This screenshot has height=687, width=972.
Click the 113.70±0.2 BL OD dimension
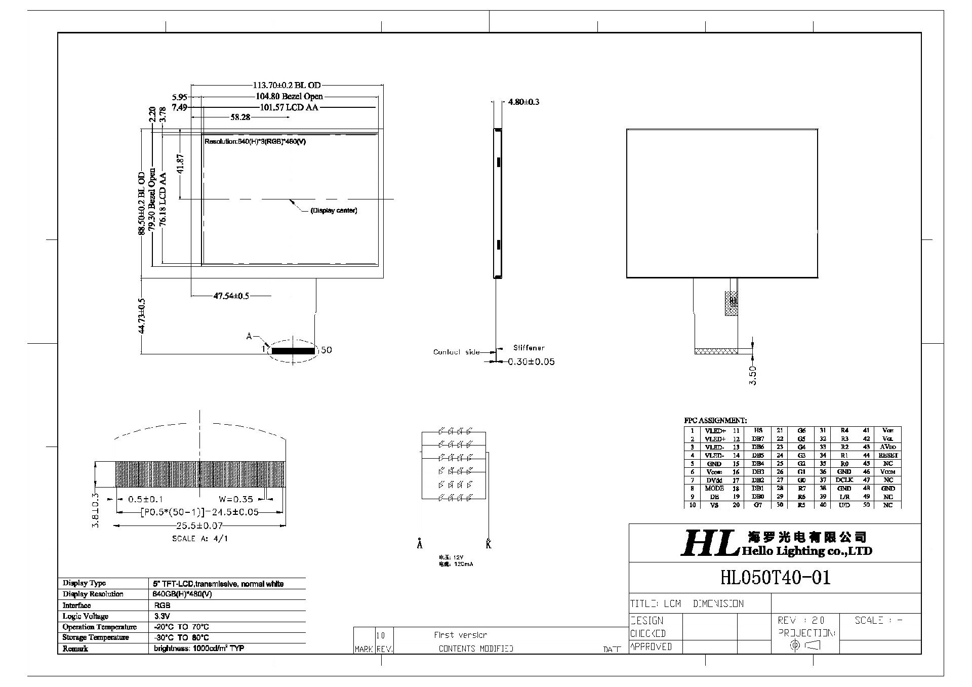pyautogui.click(x=287, y=86)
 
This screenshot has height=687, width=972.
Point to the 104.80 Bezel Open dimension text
pyautogui.click(x=289, y=97)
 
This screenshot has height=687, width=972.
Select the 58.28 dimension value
pyautogui.click(x=240, y=117)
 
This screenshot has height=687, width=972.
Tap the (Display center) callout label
pyautogui.click(x=334, y=211)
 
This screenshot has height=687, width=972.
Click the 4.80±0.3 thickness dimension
pyautogui.click(x=523, y=102)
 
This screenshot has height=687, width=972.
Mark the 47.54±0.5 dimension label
pyautogui.click(x=231, y=296)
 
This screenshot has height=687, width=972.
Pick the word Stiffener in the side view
pyautogui.click(x=529, y=348)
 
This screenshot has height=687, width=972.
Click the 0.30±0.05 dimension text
pyautogui.click(x=531, y=362)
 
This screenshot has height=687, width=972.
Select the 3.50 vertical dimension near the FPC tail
pyautogui.click(x=753, y=376)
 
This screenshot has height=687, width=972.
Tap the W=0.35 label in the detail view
pyautogui.click(x=236, y=499)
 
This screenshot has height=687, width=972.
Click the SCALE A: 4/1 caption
pyautogui.click(x=200, y=539)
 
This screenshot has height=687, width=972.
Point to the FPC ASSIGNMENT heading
pyautogui.click(x=715, y=421)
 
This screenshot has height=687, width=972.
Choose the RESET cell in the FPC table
pyautogui.click(x=888, y=456)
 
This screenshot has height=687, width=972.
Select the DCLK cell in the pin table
pyautogui.click(x=844, y=480)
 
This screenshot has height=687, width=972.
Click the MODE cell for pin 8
pyautogui.click(x=714, y=489)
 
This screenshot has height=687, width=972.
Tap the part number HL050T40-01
pyautogui.click(x=775, y=578)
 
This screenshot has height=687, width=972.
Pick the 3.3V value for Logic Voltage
pyautogui.click(x=162, y=617)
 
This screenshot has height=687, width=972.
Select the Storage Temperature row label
pyautogui.click(x=96, y=638)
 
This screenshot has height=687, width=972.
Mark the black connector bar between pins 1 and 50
pyautogui.click(x=293, y=350)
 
